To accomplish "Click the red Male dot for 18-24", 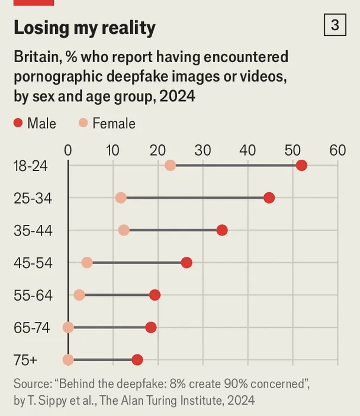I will point(301,165).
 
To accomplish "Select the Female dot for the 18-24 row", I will point(171,165).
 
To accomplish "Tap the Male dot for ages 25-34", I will point(269,198).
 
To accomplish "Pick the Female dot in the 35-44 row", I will point(124,230).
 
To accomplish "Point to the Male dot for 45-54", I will point(187,263).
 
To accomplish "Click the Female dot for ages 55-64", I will point(79,295).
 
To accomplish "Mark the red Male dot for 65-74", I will point(151,327).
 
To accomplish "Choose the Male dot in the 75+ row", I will point(137,360).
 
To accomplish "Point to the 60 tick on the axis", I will point(337,150).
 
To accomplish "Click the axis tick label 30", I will point(202,150).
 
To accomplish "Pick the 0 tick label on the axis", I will point(68,150).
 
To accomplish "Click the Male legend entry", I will point(35,123).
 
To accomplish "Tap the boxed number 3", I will point(335,25).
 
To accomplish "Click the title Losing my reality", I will point(85,27).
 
